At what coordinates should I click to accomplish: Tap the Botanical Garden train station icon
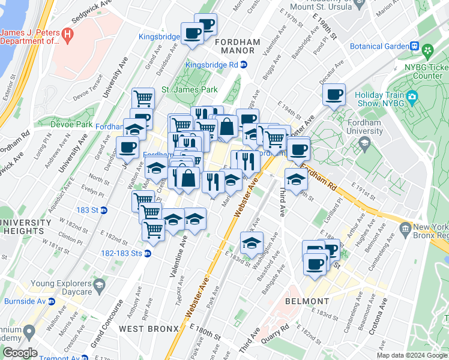point(414,46)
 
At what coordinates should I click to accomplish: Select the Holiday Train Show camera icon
point(412,97)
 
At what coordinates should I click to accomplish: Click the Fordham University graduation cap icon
point(364,143)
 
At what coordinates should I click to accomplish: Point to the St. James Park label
point(189,89)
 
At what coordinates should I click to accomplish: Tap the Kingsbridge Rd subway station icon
point(244,65)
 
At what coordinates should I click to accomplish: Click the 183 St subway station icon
point(103,210)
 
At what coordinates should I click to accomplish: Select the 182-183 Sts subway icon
point(148,253)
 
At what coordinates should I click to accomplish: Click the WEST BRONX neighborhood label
point(149,328)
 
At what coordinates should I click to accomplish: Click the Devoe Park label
point(71,124)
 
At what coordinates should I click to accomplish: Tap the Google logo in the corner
point(20,353)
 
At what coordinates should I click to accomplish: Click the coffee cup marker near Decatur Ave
point(334,95)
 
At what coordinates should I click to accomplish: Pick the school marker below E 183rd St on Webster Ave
point(252,244)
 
